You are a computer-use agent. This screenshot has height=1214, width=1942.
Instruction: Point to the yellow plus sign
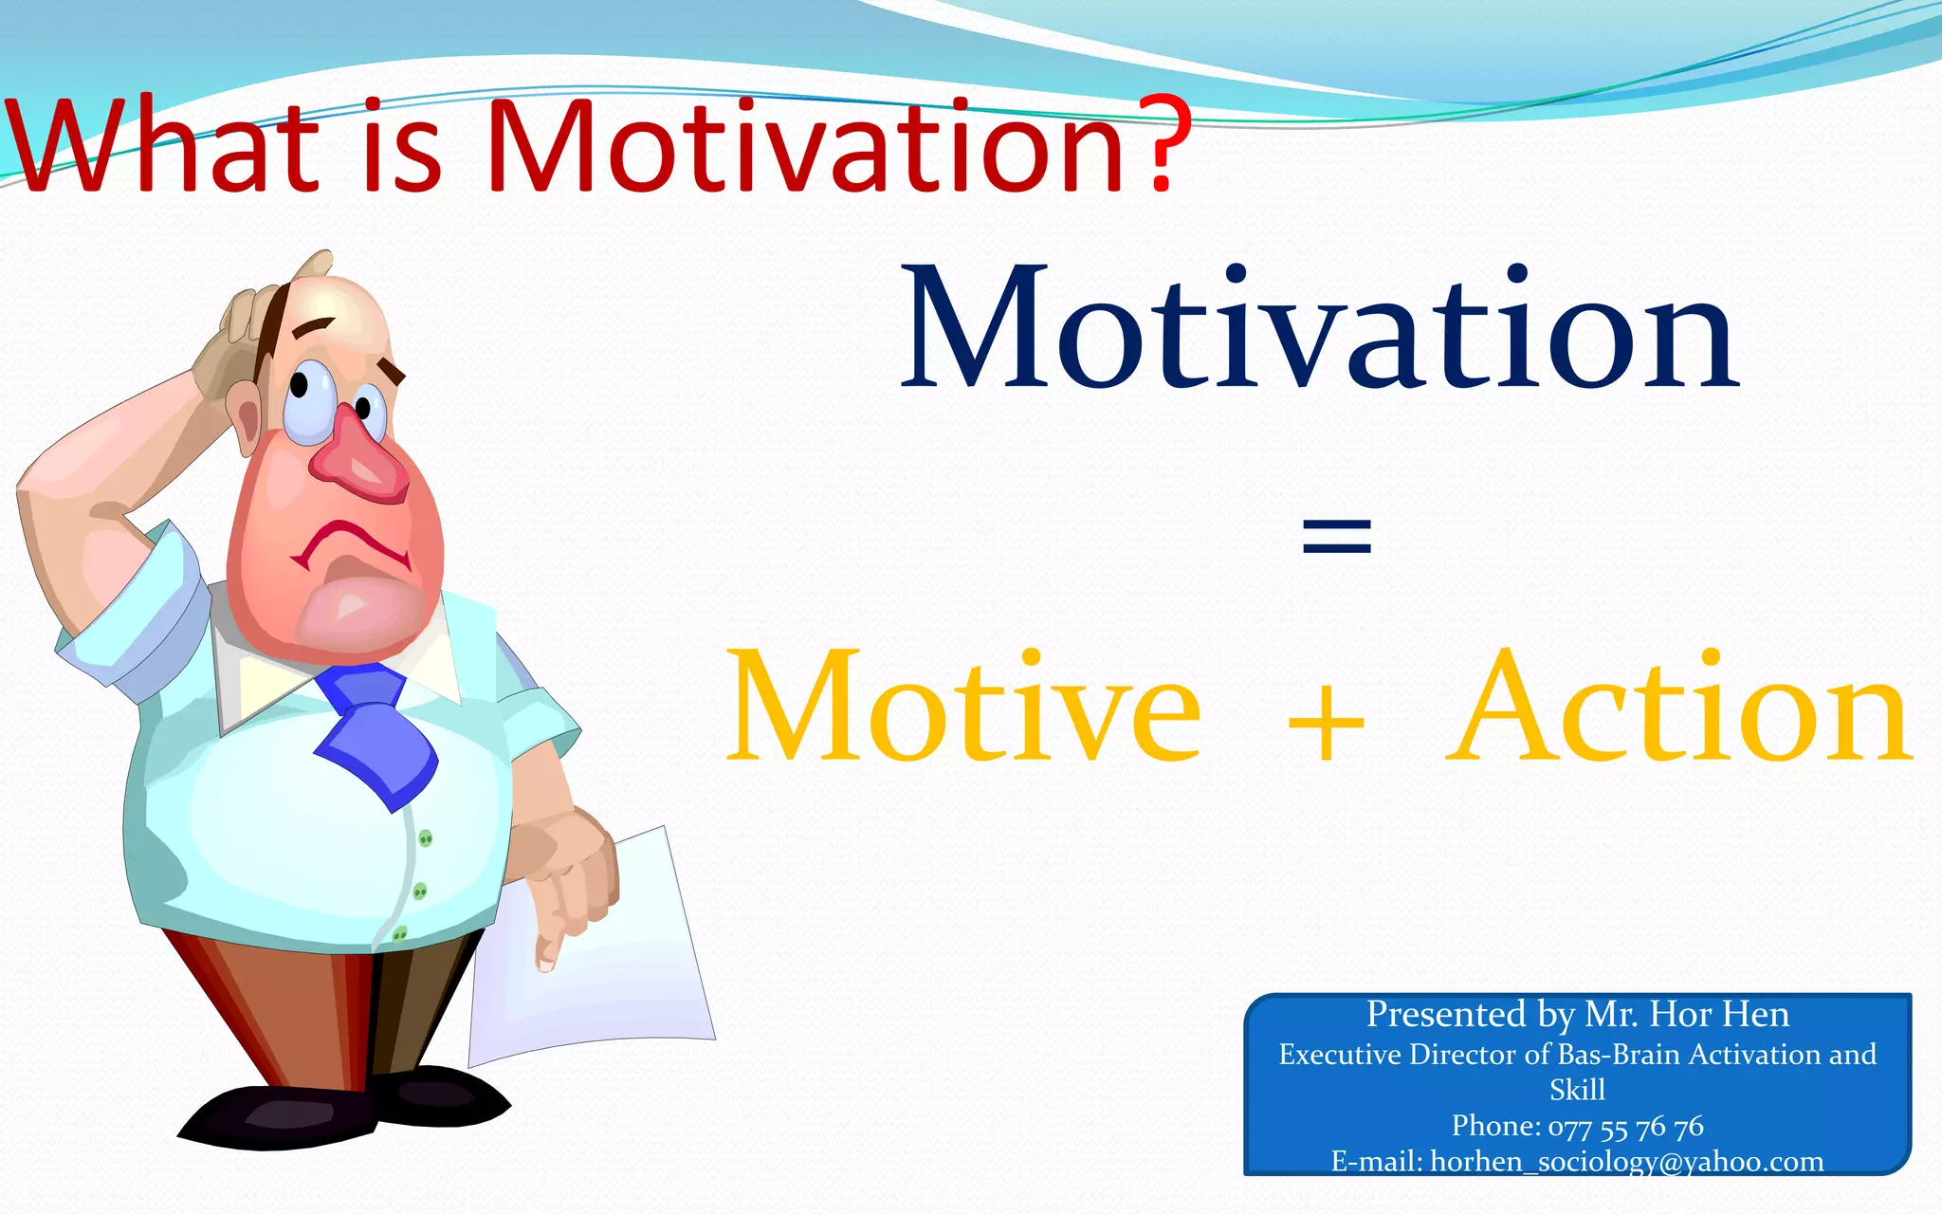pyautogui.click(x=1326, y=726)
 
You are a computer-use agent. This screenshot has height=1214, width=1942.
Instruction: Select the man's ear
pyautogui.click(x=248, y=422)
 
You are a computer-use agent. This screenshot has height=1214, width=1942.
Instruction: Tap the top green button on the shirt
pyautogui.click(x=426, y=838)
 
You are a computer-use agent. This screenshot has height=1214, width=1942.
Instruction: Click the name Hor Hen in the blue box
pyautogui.click(x=1718, y=1015)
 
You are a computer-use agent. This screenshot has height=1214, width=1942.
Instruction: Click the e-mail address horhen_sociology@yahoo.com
pyautogui.click(x=1625, y=1162)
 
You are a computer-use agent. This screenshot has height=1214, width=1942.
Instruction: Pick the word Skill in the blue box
pyautogui.click(x=1577, y=1090)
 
